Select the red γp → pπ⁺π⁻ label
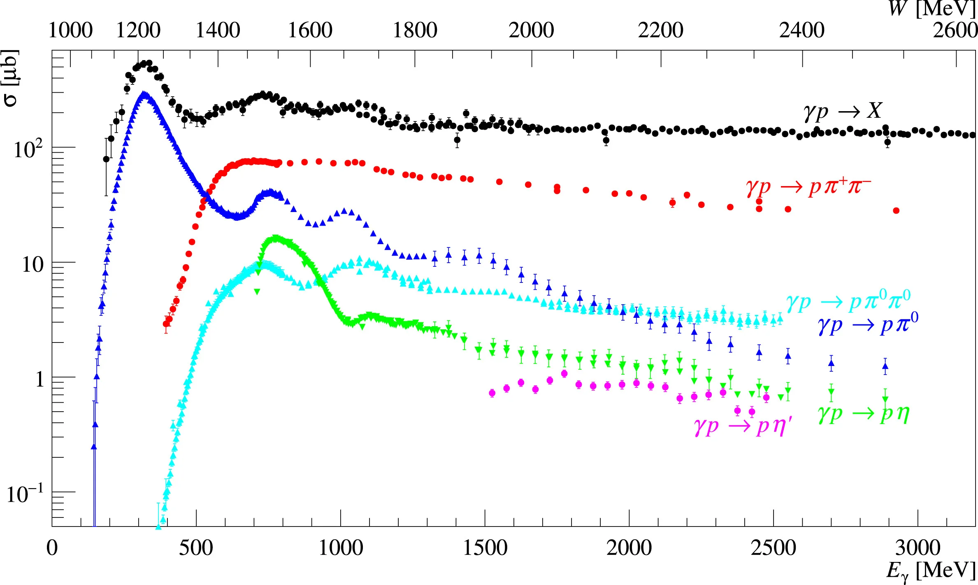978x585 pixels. click(x=808, y=187)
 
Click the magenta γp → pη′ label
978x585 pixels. click(x=743, y=426)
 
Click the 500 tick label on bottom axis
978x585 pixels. click(x=196, y=548)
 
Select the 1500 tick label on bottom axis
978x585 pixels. click(x=485, y=548)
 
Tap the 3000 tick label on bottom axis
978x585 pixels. click(x=918, y=548)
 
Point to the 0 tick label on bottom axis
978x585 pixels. click(x=52, y=548)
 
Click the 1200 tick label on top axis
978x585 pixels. click(x=138, y=30)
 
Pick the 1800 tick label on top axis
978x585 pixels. click(x=415, y=30)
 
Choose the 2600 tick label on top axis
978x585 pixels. click(x=955, y=30)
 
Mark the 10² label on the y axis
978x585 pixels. click(x=28, y=149)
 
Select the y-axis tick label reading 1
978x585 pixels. click(x=39, y=379)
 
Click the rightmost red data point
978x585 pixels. click(x=896, y=211)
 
